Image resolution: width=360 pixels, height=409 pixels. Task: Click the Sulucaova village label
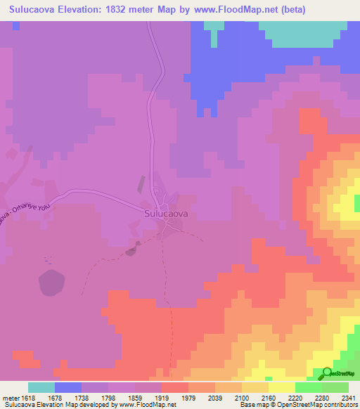click(x=165, y=212)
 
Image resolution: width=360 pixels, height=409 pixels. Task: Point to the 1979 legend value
click(x=188, y=397)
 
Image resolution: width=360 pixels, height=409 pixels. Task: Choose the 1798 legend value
click(x=108, y=397)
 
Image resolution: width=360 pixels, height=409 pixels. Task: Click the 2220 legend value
click(x=295, y=397)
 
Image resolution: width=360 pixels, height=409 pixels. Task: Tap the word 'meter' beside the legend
click(x=9, y=397)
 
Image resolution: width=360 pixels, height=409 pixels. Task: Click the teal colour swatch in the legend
click(x=41, y=387)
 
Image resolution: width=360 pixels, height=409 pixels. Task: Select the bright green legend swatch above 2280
click(x=308, y=387)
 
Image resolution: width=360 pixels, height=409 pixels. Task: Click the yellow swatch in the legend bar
click(x=281, y=387)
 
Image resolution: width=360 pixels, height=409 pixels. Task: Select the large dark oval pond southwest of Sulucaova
click(x=51, y=283)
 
